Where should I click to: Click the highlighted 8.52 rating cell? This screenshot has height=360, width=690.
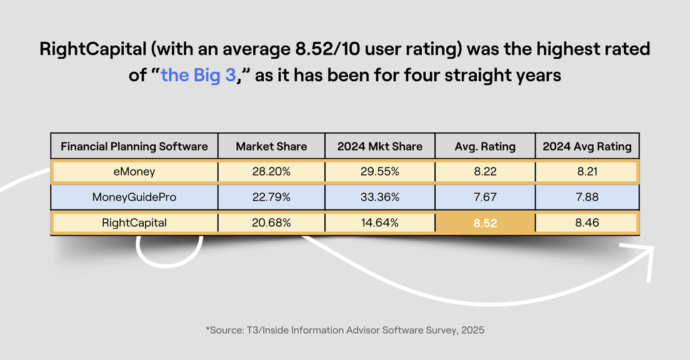point(485,223)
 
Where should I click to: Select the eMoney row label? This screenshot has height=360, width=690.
point(134,172)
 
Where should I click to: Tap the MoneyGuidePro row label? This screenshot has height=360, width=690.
point(134,197)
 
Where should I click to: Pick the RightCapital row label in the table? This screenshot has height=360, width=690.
point(134,223)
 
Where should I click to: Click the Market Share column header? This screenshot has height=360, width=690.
point(271,146)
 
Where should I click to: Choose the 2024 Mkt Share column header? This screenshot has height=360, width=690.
point(379,146)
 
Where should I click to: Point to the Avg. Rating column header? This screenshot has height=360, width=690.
point(485,146)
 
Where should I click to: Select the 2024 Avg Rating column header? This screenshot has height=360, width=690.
point(587,146)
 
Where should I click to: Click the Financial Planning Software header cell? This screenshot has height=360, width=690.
point(134,146)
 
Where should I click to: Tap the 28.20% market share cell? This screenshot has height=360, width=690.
point(271,172)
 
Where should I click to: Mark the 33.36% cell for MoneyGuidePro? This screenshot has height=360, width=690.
point(379,197)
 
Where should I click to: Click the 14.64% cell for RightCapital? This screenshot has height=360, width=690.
point(379,223)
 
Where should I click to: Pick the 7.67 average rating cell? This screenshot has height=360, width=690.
point(485,197)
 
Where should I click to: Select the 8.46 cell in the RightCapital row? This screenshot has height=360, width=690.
point(587,223)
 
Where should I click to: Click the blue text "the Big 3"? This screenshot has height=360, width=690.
point(199,76)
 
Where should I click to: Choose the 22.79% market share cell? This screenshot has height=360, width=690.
point(271,197)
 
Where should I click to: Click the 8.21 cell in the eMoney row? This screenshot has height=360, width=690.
point(587,172)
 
